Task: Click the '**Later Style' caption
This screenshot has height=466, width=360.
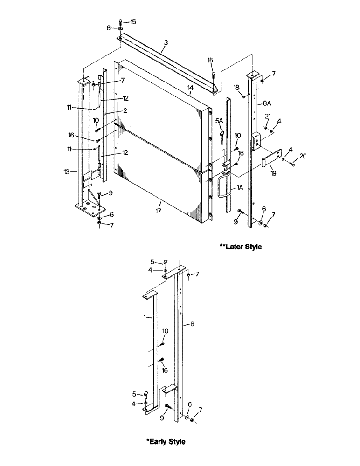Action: tap(240, 247)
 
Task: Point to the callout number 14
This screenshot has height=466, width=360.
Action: tap(190, 88)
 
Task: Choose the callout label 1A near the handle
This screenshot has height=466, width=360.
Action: tap(240, 187)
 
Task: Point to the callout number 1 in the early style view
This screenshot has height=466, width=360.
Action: tap(145, 316)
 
